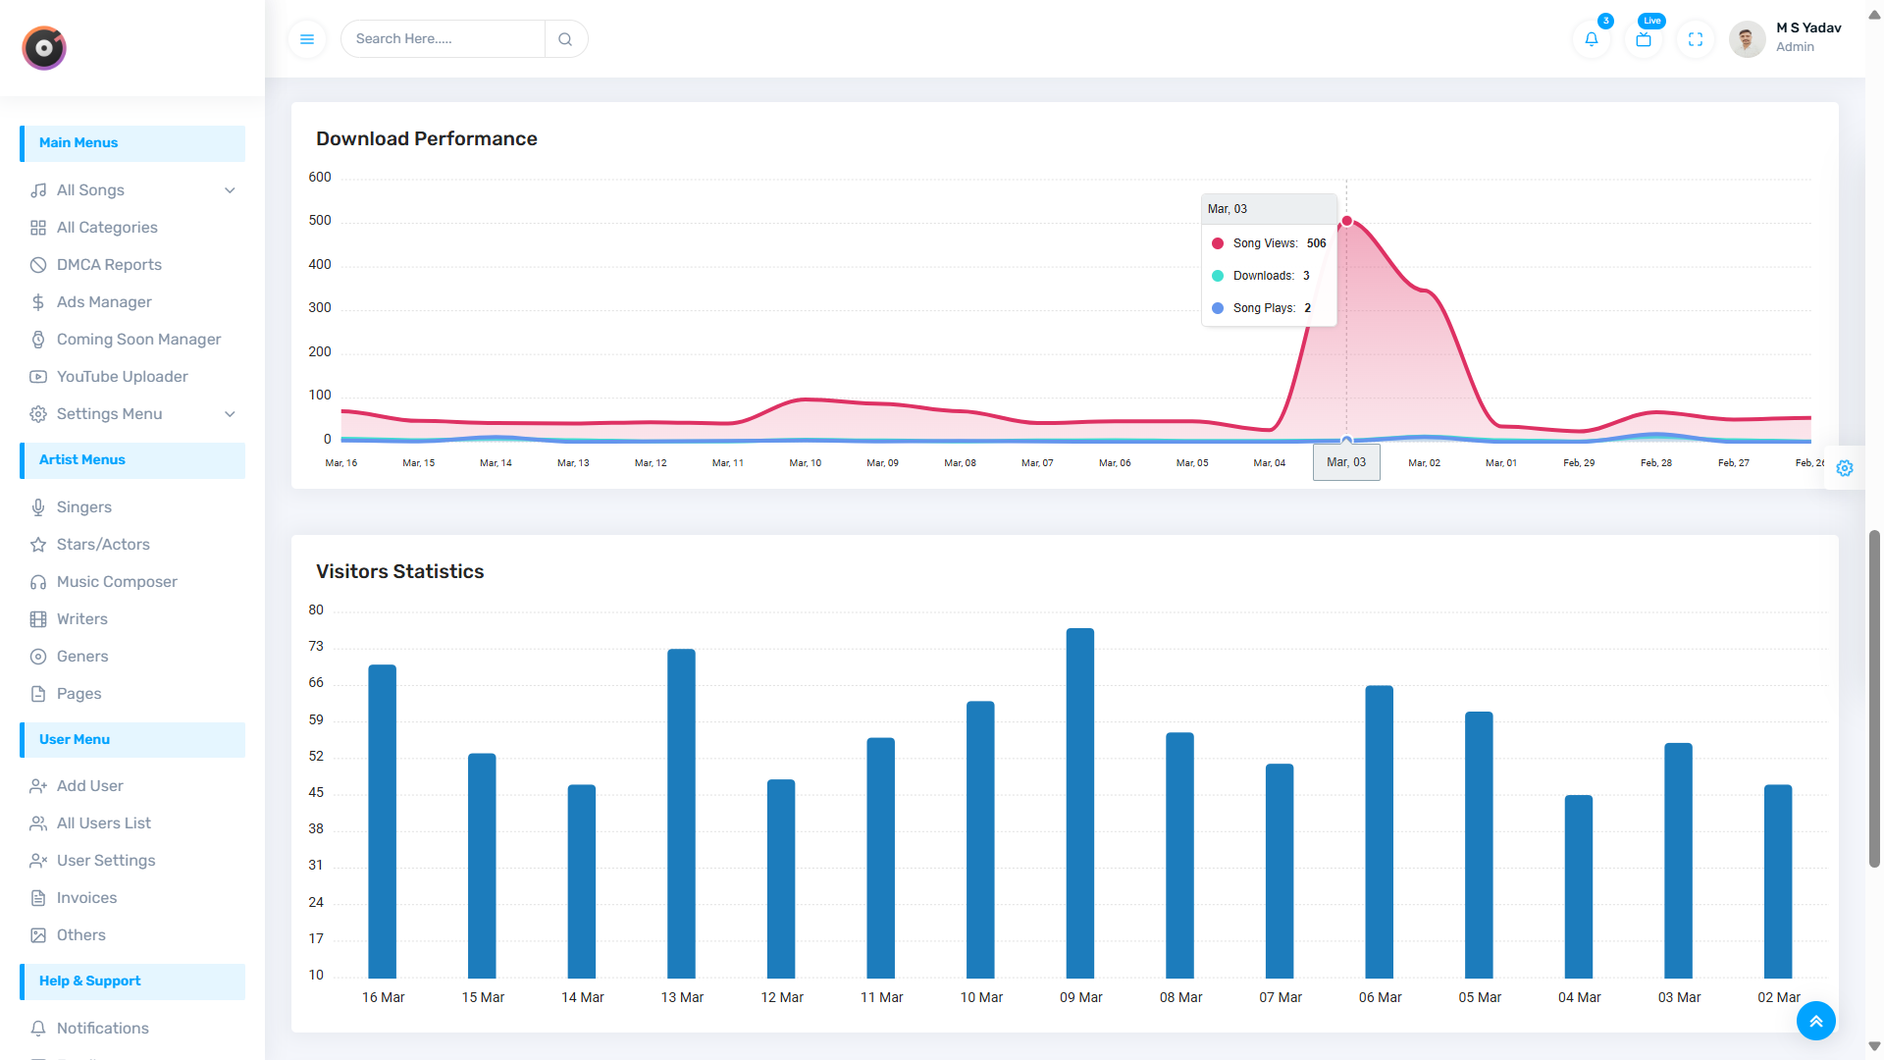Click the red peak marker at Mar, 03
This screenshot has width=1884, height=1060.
1347,222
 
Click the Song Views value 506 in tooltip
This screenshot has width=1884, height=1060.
1316,243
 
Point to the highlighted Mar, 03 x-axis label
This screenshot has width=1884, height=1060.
1346,462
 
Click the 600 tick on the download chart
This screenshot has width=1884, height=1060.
320,178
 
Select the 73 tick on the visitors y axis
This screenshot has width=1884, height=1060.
316,647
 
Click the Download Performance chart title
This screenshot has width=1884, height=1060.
426,139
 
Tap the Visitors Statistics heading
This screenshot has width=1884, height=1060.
399,572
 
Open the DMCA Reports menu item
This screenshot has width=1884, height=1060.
109,265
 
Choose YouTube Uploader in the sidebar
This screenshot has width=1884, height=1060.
122,377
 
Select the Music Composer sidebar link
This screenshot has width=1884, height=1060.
117,582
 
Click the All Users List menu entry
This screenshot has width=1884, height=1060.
104,823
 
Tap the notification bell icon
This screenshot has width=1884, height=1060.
1592,39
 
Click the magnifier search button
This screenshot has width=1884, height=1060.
565,39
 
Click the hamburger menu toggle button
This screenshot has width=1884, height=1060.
307,39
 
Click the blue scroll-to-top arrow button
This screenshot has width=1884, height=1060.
1815,1021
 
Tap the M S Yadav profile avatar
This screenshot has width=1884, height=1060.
1747,39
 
